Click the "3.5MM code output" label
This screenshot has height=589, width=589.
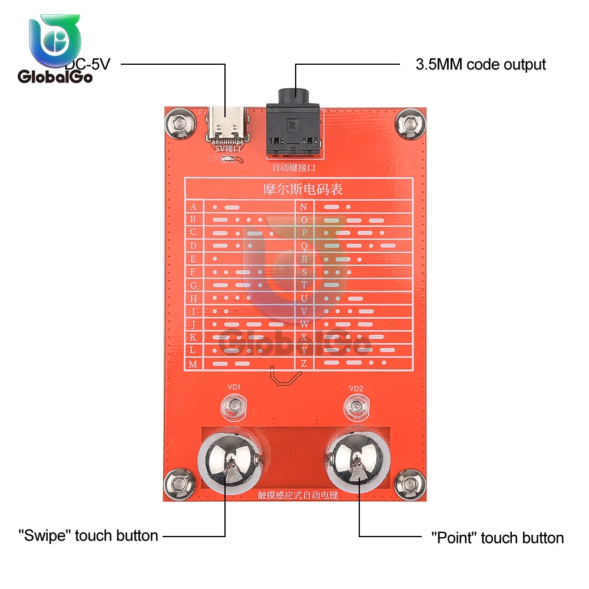pyautogui.click(x=481, y=64)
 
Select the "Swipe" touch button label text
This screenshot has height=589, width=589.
pyautogui.click(x=88, y=536)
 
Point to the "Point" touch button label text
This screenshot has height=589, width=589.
pyautogui.click(x=497, y=538)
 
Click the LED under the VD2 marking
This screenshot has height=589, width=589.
pyautogui.click(x=356, y=406)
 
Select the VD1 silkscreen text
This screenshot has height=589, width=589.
pyautogui.click(x=234, y=387)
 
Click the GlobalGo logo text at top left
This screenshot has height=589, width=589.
pyautogui.click(x=55, y=77)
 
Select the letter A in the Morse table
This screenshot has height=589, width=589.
pyautogui.click(x=193, y=207)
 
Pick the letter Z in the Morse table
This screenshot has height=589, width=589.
pyautogui.click(x=304, y=364)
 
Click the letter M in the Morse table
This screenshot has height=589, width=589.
pyautogui.click(x=193, y=364)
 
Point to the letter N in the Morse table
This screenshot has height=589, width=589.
pyautogui.click(x=304, y=207)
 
